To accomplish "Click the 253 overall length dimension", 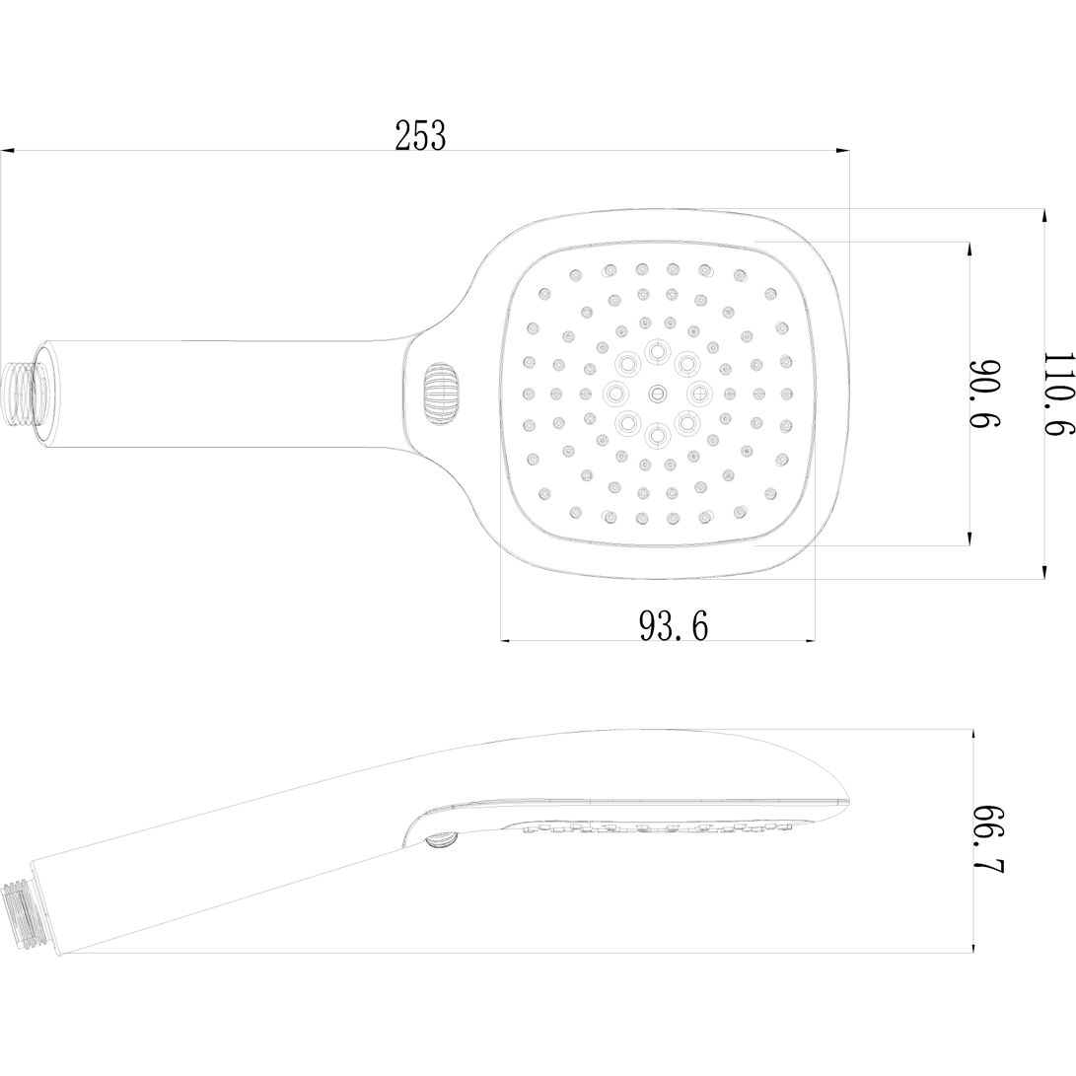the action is (x=420, y=135).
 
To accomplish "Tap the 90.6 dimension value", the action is (x=984, y=394).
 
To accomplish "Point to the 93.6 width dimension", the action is (x=674, y=625).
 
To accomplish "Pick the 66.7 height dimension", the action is (x=989, y=839).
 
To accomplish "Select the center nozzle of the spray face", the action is (x=658, y=393).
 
